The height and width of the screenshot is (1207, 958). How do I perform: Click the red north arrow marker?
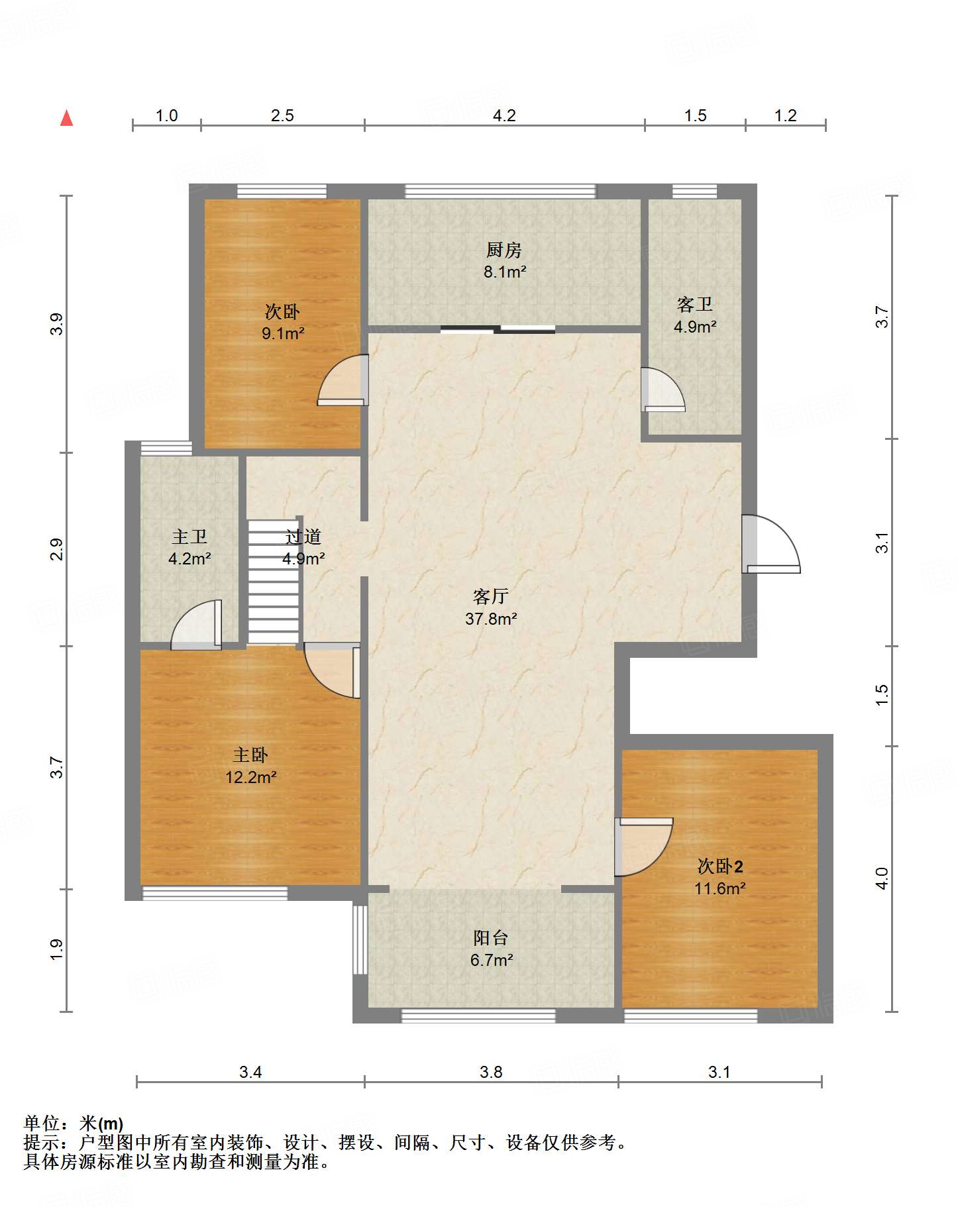(x=66, y=118)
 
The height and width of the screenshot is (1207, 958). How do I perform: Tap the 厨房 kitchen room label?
(x=504, y=250)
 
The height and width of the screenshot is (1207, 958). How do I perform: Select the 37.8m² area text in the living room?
(x=491, y=619)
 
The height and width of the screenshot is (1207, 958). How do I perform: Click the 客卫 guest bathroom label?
(x=695, y=304)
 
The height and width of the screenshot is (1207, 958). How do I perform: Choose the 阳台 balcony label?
(x=491, y=937)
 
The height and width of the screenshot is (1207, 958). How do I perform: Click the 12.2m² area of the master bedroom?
(x=250, y=777)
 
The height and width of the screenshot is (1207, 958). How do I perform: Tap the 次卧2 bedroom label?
(x=720, y=866)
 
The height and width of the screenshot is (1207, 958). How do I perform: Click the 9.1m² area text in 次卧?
(x=283, y=333)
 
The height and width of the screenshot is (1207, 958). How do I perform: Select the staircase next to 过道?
(x=273, y=582)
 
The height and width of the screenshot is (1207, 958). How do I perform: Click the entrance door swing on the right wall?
(x=771, y=544)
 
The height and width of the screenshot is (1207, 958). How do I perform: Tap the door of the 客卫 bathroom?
(x=663, y=390)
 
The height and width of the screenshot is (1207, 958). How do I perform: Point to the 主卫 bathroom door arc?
(x=196, y=625)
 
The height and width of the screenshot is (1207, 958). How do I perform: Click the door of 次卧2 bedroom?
(x=644, y=847)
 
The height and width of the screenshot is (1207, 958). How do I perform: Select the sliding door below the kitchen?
(x=498, y=329)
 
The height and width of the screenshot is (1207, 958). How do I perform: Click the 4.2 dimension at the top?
(x=504, y=116)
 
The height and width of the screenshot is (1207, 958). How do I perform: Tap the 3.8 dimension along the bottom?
(x=492, y=1072)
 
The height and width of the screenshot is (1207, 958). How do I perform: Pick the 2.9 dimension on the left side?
(x=58, y=550)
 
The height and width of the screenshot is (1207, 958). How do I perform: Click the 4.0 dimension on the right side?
(x=881, y=878)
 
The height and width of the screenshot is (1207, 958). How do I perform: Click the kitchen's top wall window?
(x=500, y=191)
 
